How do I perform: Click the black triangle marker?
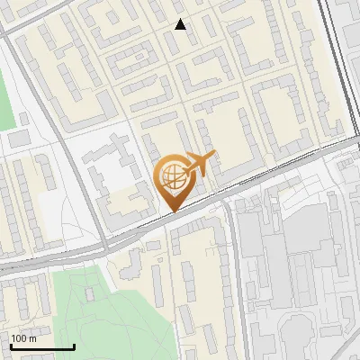[x=181, y=24]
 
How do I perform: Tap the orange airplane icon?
[x=199, y=165]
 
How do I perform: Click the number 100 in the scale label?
[x=20, y=339]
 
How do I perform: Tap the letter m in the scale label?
[x=33, y=339]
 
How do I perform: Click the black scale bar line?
[x=42, y=347]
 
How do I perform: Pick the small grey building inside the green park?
[x=89, y=294]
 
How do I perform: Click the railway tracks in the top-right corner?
[x=346, y=54]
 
